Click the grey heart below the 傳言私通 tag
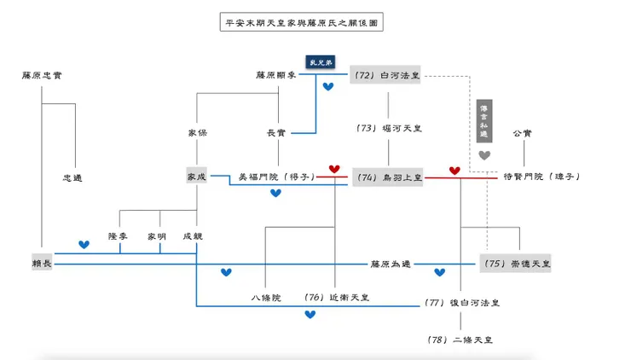[484, 155]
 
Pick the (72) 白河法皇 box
[386, 76]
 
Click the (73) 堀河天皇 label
[389, 128]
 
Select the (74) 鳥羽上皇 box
[388, 177]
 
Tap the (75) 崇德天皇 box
[517, 264]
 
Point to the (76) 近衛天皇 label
[337, 298]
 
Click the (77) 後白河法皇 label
[461, 302]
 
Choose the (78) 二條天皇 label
[460, 339]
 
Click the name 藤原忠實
[42, 75]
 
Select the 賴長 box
[42, 264]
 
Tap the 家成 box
[197, 176]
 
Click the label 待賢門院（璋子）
[541, 177]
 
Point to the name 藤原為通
[391, 264]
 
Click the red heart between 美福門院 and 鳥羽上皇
[334, 169]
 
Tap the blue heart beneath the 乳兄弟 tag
[328, 87]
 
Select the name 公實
[522, 133]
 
